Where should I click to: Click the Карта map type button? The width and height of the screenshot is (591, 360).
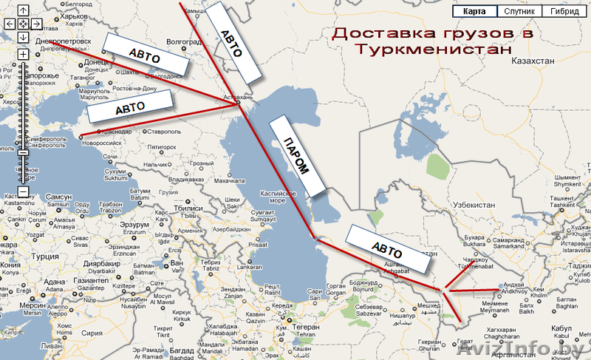(474, 11)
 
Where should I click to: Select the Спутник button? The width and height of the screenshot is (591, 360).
(519, 11)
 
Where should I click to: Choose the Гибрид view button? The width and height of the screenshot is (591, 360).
(564, 11)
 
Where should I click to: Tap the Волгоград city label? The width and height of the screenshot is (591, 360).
(184, 42)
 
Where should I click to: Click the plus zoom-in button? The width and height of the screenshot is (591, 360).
(23, 54)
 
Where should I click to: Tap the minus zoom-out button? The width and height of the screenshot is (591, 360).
(23, 191)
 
